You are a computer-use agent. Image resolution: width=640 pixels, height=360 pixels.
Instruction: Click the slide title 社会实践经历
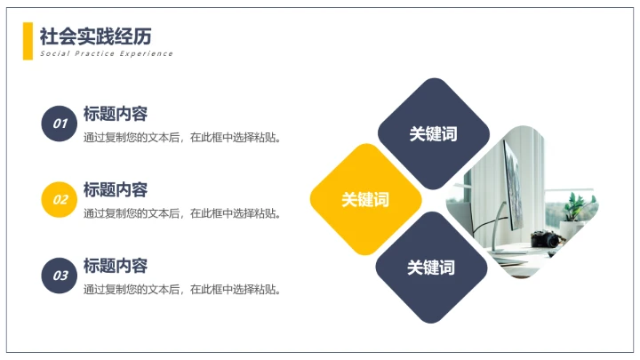(x=95, y=36)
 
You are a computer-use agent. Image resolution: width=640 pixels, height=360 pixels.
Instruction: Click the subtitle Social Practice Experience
(x=106, y=54)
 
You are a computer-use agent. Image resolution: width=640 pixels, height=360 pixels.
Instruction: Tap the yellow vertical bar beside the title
(x=28, y=41)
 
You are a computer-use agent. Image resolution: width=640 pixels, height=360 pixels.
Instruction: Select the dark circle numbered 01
(x=60, y=124)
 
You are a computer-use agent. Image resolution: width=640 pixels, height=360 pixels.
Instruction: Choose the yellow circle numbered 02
(x=60, y=199)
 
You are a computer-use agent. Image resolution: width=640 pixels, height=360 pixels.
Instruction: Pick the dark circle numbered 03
(x=60, y=276)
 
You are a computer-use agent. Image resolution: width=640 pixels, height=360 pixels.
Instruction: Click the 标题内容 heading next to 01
(x=115, y=114)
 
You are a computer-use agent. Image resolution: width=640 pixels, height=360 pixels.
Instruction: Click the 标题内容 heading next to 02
(x=115, y=189)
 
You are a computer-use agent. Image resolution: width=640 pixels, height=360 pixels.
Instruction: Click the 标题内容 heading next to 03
(x=115, y=266)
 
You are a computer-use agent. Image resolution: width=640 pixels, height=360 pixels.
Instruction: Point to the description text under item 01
(x=181, y=138)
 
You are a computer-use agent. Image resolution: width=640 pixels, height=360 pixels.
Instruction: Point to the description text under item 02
(x=181, y=213)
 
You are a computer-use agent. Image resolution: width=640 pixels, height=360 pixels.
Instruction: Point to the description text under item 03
(x=181, y=290)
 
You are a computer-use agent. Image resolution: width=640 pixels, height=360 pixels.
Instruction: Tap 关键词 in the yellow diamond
(x=365, y=200)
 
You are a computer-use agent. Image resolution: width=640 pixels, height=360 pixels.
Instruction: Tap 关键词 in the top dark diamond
(x=433, y=134)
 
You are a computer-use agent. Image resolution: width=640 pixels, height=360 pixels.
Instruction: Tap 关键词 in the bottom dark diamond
(x=431, y=268)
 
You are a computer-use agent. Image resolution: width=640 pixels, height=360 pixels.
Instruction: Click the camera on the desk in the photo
(x=545, y=239)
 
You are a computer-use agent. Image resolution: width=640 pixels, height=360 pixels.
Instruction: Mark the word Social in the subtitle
(x=52, y=54)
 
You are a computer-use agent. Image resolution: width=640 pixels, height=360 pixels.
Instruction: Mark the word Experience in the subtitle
(x=148, y=54)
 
